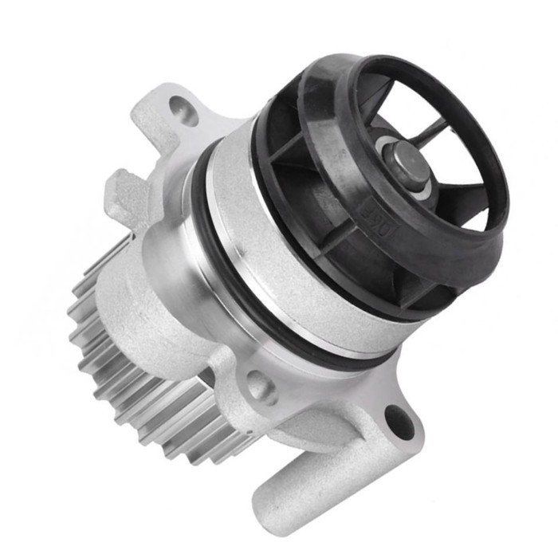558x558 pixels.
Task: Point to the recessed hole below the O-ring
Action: pos(260,388)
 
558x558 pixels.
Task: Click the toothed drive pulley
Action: pos(120,351)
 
